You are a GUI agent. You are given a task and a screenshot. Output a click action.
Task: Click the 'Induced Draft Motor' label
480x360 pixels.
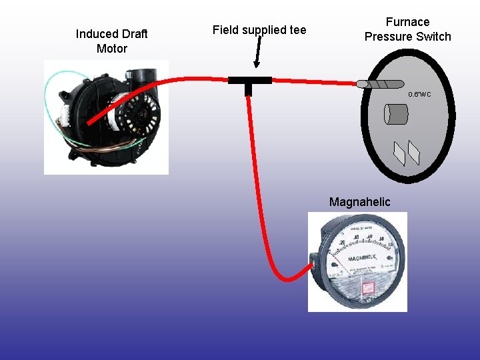coord(111,41)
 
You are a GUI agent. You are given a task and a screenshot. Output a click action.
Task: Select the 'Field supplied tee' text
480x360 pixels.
coord(259,30)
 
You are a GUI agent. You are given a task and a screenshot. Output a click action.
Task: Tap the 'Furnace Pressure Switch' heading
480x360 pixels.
coord(407,29)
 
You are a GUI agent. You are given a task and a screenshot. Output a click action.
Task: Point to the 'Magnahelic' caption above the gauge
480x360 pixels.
coord(360,202)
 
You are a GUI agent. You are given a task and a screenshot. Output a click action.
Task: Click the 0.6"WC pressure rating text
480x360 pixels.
coord(420,95)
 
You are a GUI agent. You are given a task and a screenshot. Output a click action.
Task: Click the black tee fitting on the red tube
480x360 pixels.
coord(250,81)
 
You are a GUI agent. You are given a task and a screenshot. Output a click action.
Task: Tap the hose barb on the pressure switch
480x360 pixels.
coord(380,84)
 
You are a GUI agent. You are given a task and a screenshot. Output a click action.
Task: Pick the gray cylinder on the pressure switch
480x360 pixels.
coord(395,114)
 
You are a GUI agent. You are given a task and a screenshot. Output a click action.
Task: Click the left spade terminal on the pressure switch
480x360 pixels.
coord(399,154)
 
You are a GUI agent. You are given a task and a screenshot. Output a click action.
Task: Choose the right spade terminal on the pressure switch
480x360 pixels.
coord(414,153)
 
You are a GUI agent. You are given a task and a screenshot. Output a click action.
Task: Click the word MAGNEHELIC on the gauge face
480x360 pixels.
coord(362,258)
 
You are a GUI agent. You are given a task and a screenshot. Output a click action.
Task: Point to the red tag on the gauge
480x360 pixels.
coord(366,288)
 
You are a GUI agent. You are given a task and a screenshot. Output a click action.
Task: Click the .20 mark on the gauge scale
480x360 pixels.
coord(342,243)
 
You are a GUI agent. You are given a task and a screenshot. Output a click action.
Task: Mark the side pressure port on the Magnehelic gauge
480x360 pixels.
coord(313,264)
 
